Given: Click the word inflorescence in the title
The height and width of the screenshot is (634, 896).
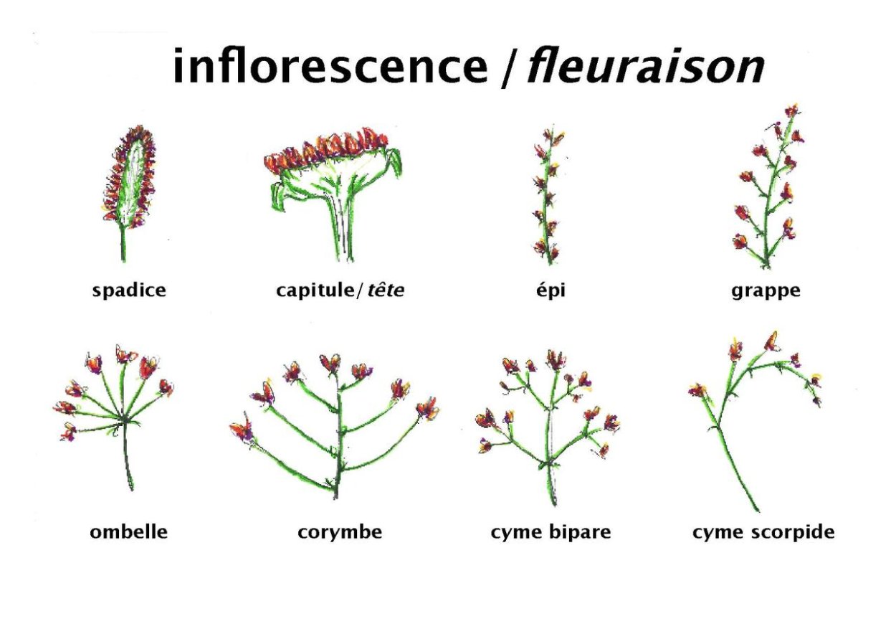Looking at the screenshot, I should tap(330, 66).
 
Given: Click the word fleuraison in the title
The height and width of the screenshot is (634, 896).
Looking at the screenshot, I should tap(645, 66).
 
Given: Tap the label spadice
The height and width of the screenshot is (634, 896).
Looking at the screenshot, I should tap(129, 291).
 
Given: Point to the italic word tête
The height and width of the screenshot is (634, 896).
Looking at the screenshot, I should tap(386, 291).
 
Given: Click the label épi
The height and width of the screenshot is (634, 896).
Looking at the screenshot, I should tap(550, 291).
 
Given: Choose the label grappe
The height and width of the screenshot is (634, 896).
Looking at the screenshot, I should tap(766, 291).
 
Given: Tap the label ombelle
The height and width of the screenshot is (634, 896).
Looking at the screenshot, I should tap(128, 532).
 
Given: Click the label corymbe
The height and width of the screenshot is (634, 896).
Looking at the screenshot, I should tap(340, 532).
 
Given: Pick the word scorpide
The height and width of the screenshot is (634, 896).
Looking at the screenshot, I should tap(798, 532).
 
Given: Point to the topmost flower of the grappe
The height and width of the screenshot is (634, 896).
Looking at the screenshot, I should tap(791, 110).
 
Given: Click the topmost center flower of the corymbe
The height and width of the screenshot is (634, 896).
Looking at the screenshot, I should tap(330, 362).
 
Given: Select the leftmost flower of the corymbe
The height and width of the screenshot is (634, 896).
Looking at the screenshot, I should tap(242, 430).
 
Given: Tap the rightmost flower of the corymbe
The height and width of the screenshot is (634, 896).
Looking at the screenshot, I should tap(428, 408).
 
